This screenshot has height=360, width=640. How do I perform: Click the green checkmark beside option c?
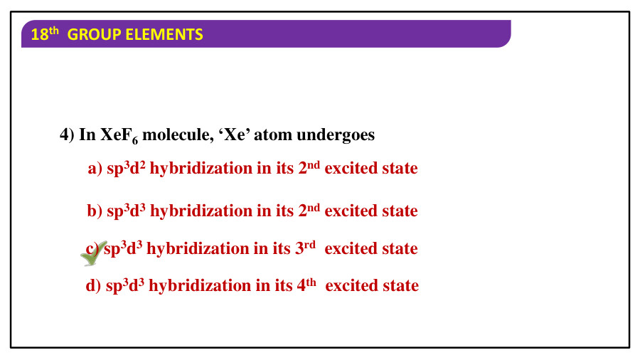pos(94,254)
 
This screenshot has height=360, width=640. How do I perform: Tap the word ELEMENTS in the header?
pos(164,35)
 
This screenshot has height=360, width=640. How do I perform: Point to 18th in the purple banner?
pos(45,34)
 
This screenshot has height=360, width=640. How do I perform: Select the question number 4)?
pos(67,134)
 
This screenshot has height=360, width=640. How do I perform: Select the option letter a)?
pos(95,168)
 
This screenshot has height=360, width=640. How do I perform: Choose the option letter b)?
pos(95,211)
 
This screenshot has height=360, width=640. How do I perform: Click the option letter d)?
pos(93,285)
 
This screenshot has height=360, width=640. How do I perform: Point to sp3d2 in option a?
pos(126,169)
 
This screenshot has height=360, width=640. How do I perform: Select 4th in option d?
pos(306,285)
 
